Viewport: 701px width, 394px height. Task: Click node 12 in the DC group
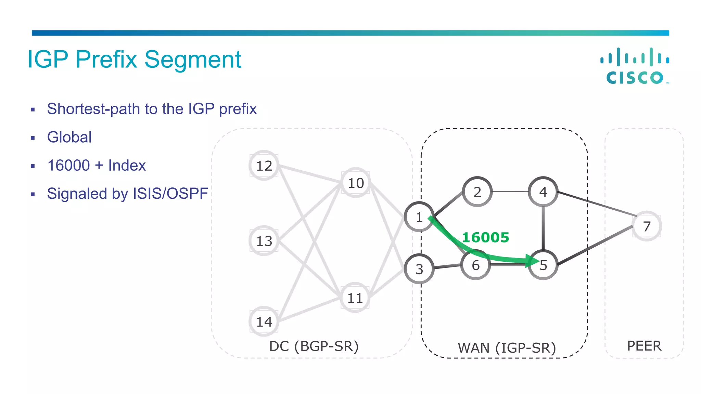point(264,166)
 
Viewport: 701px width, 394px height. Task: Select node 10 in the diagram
point(356,183)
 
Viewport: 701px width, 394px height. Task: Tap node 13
point(264,241)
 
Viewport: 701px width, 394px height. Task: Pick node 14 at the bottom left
point(264,321)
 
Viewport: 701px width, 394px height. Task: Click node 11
point(355,298)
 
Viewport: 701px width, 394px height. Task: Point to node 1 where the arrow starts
point(419,217)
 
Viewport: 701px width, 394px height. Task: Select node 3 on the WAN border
point(419,269)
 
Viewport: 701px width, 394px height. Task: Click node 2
point(477,192)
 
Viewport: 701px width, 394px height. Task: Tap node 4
point(543,192)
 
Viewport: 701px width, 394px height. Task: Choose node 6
point(475,265)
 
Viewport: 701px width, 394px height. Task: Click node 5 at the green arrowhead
point(543,265)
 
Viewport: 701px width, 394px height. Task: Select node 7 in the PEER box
point(647,226)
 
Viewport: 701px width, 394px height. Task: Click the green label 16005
point(485,237)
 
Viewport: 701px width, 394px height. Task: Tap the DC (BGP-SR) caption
point(314,346)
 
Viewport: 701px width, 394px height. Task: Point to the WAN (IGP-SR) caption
point(507,348)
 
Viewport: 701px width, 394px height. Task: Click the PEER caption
point(644,346)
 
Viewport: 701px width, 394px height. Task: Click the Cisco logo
point(635,66)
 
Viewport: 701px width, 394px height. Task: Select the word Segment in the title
point(193,60)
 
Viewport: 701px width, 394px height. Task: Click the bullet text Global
point(69,137)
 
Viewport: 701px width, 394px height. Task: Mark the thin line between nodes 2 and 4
point(510,192)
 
